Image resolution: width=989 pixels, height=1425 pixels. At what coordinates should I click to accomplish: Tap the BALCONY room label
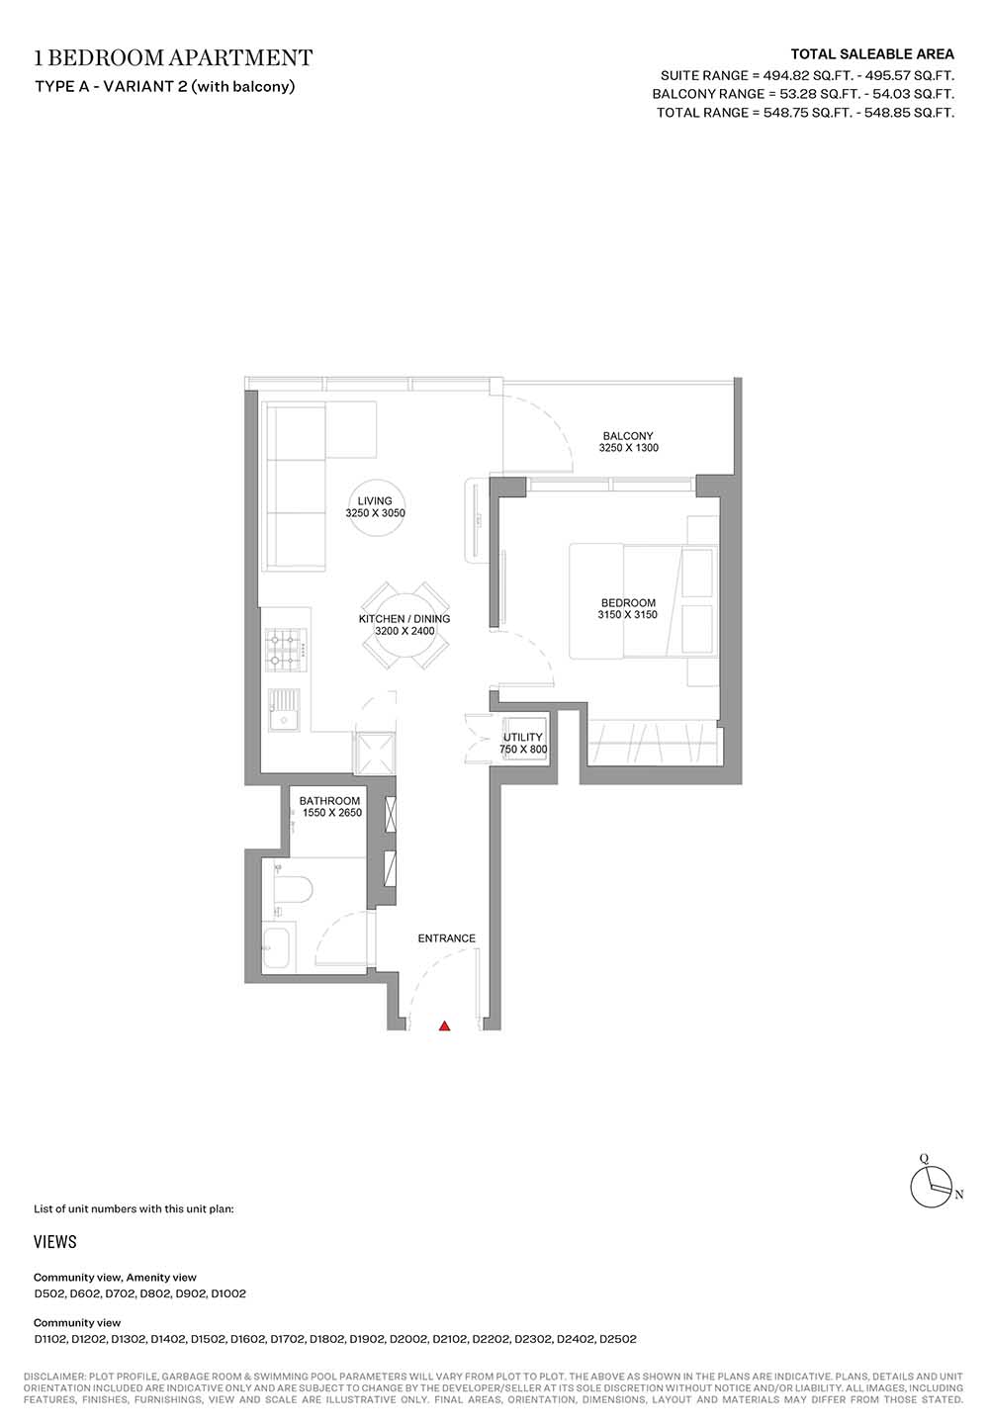[x=628, y=436]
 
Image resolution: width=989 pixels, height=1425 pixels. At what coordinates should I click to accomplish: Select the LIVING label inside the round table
[x=375, y=501]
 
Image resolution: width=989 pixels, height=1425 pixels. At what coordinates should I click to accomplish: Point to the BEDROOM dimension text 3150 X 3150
[x=627, y=614]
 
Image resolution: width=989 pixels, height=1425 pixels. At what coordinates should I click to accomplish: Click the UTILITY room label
[x=523, y=738]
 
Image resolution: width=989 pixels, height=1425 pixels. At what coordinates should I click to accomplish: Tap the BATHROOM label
[x=329, y=801]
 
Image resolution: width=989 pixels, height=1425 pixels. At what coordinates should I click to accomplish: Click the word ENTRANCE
[x=447, y=938]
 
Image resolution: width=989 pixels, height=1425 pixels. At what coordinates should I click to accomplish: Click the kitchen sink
[x=284, y=710]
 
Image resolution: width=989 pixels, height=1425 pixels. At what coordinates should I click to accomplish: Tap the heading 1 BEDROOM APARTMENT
[x=173, y=58]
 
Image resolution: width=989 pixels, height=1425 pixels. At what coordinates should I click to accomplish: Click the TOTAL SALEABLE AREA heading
[x=872, y=54]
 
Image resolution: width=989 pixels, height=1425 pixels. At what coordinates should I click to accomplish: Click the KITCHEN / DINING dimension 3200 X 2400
[x=405, y=631]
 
